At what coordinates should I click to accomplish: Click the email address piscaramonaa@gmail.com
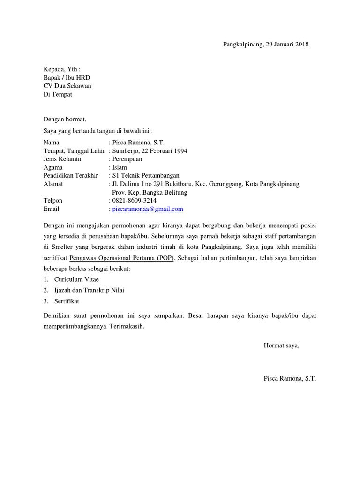[148, 209]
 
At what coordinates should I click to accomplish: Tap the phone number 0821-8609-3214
[134, 201]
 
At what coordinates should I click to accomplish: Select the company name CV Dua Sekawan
[67, 86]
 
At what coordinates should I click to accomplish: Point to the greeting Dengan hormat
[65, 120]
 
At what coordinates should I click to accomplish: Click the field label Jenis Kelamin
[62, 159]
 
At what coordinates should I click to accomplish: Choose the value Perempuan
[127, 159]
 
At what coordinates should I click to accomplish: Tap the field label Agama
[53, 167]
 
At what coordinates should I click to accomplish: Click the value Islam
[120, 167]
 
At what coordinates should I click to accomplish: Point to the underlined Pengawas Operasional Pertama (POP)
[122, 258]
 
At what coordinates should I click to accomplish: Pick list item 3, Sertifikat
[67, 301]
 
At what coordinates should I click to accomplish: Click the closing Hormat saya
[281, 345]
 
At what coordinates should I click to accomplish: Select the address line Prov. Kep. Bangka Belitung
[150, 193]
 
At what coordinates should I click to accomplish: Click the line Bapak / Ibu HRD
[67, 77]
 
